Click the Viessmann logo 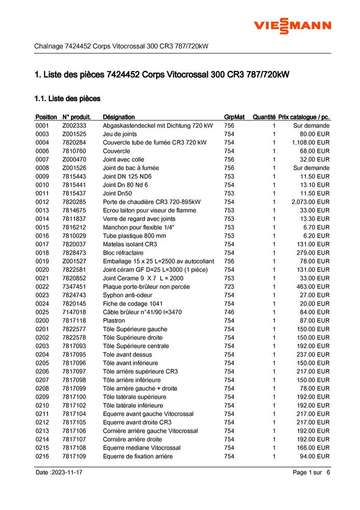[x=293, y=26]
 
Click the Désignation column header [x=118, y=117]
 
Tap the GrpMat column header [x=234, y=117]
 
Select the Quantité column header [x=264, y=117]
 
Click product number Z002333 [x=75, y=126]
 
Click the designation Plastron [x=114, y=320]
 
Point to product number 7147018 [x=74, y=312]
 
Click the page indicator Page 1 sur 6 [x=311, y=473]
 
